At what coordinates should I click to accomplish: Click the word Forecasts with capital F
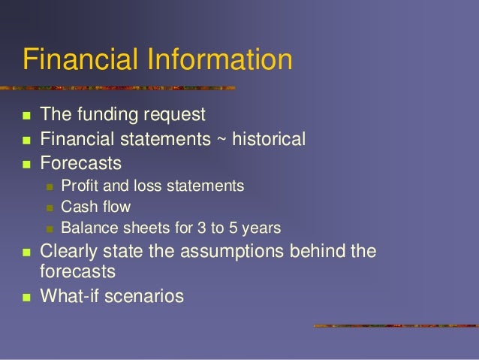click(80, 162)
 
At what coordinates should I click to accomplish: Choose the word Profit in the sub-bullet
click(77, 185)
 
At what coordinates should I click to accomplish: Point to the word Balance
click(86, 227)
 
